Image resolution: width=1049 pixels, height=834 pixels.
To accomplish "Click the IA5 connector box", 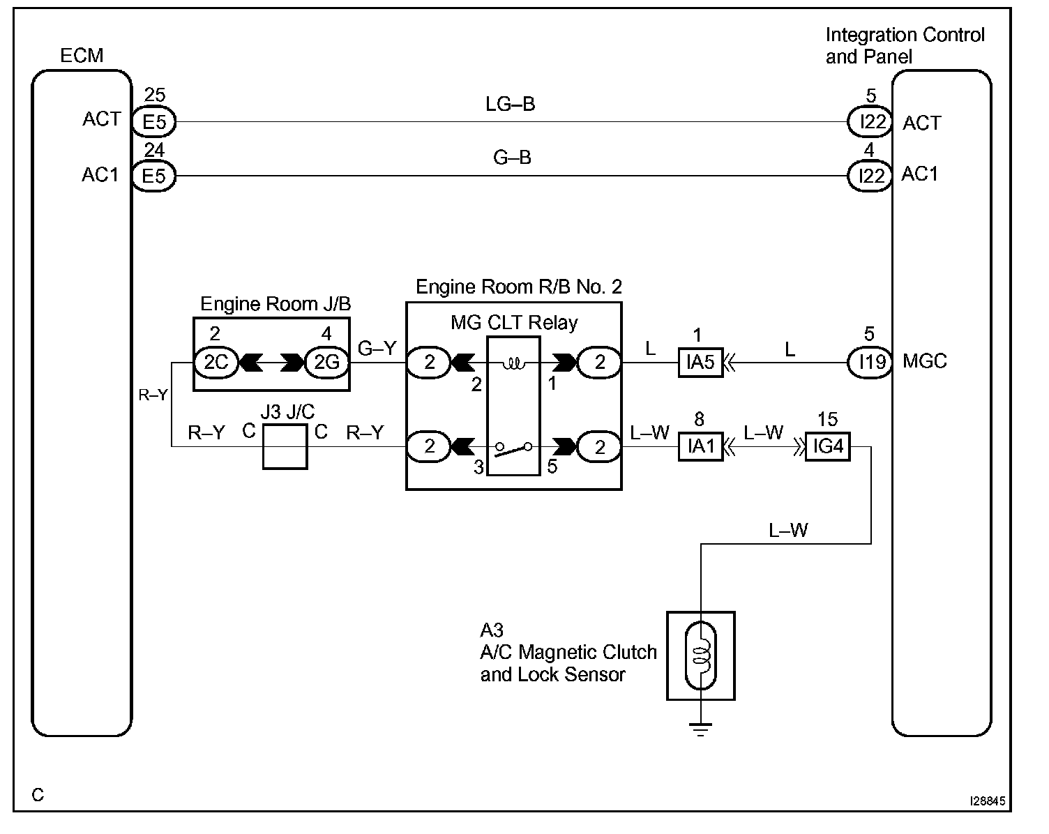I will (701, 363).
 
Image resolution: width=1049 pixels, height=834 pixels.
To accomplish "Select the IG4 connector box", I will (828, 446).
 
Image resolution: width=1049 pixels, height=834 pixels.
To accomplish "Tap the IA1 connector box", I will (701, 446).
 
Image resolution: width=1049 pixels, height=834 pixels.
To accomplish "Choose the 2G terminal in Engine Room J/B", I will (326, 362).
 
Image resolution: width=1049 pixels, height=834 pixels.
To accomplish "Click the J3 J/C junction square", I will (285, 446).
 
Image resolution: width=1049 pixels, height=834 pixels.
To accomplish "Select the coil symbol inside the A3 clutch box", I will (701, 655).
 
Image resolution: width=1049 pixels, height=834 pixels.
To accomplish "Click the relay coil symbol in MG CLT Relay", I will (513, 363).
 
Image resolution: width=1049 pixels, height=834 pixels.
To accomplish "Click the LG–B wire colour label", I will (511, 105).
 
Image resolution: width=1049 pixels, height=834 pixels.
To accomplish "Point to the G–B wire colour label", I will (512, 158).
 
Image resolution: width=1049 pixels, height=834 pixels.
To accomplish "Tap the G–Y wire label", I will (377, 348).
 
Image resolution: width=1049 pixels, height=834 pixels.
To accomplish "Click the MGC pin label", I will (925, 362).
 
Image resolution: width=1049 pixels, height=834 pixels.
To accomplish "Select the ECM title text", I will (82, 56).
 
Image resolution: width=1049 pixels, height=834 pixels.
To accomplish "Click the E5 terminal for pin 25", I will (154, 122).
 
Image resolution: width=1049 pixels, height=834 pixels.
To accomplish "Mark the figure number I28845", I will (987, 802).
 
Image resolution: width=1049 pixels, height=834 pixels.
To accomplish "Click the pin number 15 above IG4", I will (827, 419).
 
